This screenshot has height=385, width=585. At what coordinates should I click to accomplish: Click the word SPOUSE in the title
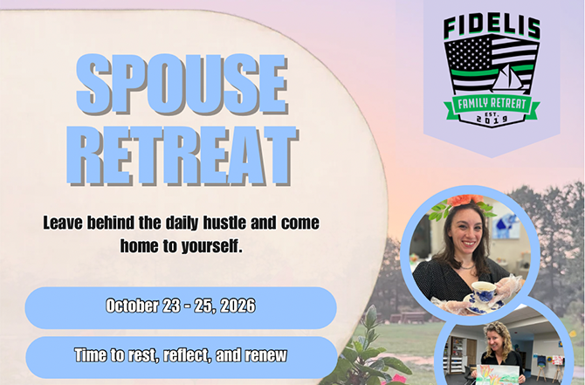[x=182, y=85]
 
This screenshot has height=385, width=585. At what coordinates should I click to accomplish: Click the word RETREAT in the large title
[x=182, y=155]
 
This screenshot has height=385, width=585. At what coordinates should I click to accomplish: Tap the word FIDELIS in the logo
[x=492, y=27]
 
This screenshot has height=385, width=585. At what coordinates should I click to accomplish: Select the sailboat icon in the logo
[x=506, y=79]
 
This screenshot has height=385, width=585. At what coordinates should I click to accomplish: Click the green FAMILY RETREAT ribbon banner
[x=492, y=104]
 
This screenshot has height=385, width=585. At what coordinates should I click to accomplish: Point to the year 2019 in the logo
[x=492, y=120]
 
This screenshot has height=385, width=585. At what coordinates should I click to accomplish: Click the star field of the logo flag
[x=468, y=53]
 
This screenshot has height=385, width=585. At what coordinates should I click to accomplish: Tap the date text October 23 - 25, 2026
[x=181, y=306]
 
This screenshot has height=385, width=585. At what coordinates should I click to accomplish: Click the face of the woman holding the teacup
[x=466, y=233]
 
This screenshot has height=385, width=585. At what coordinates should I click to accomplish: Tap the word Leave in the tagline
[x=63, y=223]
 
